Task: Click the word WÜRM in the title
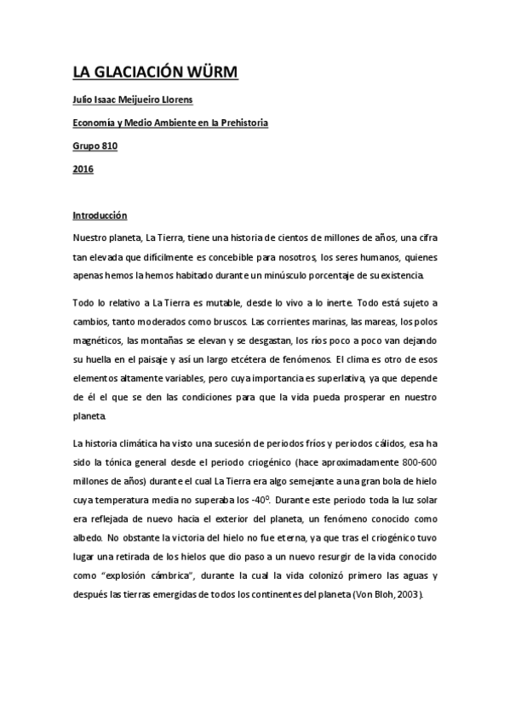click(210, 72)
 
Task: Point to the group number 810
click(109, 146)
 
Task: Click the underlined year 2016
click(83, 169)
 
